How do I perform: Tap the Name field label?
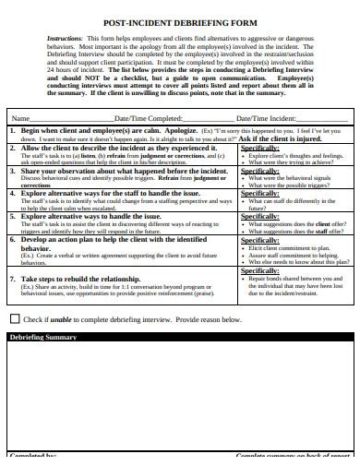pos(19,119)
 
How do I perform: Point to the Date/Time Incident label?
pos(267,119)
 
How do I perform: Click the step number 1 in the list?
pos(12,132)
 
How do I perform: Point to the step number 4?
pos(12,194)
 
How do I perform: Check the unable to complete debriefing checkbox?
pos(14,318)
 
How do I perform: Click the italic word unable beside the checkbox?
pos(57,319)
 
